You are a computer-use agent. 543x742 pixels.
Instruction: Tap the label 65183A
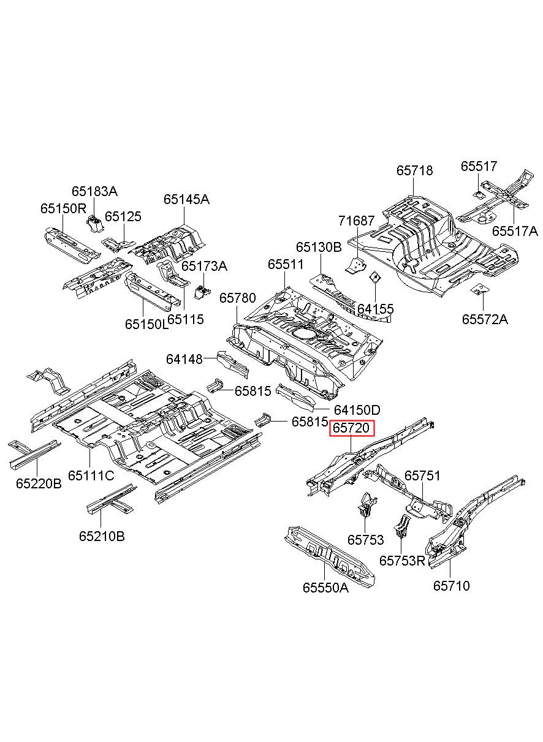pyautogui.click(x=95, y=191)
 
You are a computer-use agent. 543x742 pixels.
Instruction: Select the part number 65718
pyautogui.click(x=414, y=170)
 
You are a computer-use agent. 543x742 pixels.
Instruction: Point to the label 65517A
pyautogui.click(x=515, y=231)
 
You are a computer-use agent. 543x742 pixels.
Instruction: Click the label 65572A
pyautogui.click(x=485, y=319)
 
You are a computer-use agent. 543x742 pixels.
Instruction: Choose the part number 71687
pyautogui.click(x=357, y=221)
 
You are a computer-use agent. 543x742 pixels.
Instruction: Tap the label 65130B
pyautogui.click(x=319, y=247)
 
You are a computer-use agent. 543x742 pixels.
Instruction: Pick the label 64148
pyautogui.click(x=184, y=359)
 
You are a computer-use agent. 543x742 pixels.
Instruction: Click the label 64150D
pyautogui.click(x=357, y=410)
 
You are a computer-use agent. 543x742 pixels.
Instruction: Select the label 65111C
pyautogui.click(x=91, y=475)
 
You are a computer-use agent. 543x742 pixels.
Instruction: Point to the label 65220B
pyautogui.click(x=39, y=483)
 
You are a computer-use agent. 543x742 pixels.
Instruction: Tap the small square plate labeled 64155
pyautogui.click(x=374, y=277)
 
